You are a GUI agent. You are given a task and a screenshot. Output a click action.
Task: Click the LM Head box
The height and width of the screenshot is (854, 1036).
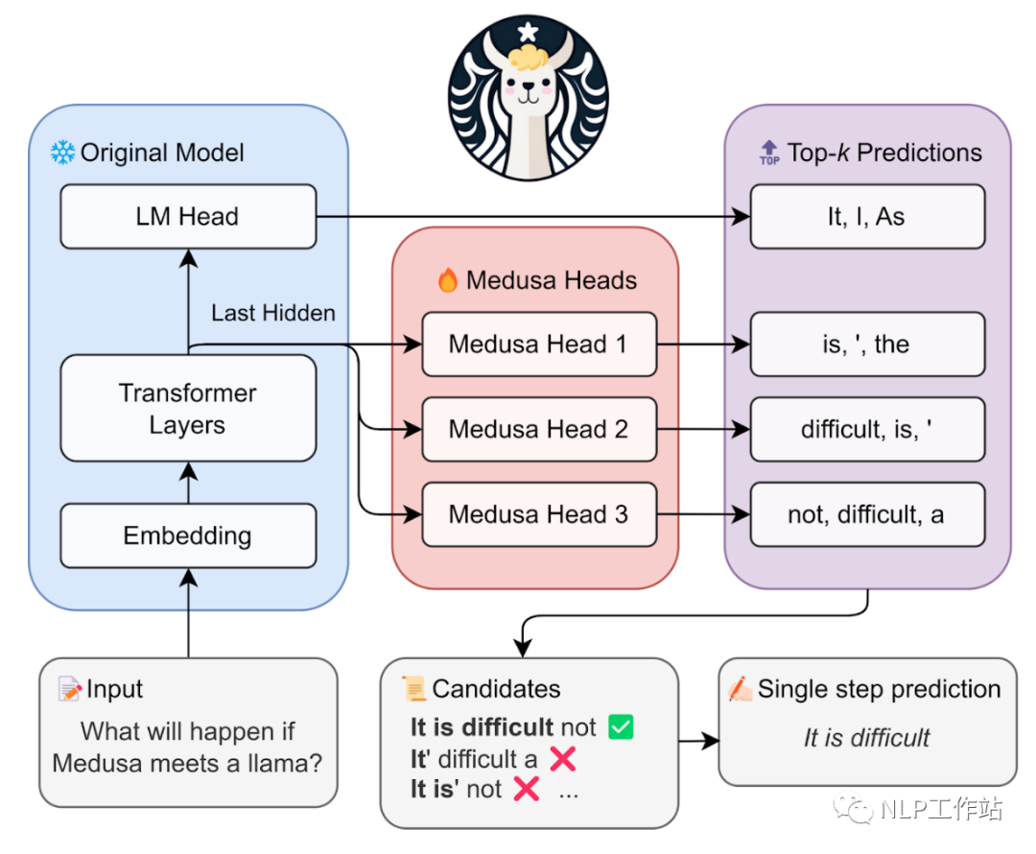188,217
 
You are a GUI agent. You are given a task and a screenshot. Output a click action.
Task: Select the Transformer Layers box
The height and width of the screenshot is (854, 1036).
188,409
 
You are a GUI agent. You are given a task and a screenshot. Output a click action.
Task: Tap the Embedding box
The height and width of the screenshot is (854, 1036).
188,535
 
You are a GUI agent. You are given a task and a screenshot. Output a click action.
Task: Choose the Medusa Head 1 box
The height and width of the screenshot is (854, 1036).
539,344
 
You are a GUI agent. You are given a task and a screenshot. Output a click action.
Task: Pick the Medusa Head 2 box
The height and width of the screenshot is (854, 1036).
539,429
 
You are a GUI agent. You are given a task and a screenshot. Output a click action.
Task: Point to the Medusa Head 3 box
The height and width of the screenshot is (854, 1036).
539,514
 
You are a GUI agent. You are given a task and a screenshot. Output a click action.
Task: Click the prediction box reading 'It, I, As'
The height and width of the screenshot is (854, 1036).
867,217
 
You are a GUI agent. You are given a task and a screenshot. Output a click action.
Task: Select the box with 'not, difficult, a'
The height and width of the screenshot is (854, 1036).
867,514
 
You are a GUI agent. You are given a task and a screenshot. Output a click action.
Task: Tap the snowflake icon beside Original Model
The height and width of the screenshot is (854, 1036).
62,152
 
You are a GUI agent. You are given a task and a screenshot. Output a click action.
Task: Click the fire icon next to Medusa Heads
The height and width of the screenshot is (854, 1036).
447,280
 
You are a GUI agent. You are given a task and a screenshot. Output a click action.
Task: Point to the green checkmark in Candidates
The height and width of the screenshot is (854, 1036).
622,727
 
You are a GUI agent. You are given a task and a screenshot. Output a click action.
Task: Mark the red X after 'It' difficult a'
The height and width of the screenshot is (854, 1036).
563,759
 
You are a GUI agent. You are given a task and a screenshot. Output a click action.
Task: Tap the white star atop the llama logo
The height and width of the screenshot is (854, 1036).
528,33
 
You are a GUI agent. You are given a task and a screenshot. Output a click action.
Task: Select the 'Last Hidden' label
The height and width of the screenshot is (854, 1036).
273,313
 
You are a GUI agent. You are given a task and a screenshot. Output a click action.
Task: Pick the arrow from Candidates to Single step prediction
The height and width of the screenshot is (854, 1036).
698,741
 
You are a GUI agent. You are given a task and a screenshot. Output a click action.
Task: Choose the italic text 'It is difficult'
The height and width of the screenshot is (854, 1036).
867,738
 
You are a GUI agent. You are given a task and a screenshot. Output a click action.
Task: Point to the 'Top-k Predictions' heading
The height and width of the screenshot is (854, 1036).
884,153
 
